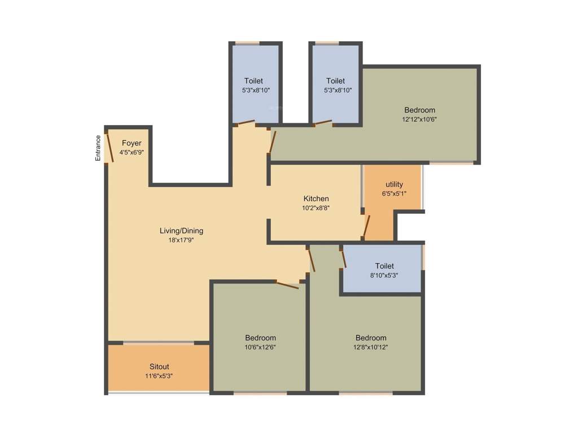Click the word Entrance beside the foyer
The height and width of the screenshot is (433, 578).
98,148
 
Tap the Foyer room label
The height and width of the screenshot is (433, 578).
132,143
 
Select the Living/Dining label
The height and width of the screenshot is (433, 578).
181,231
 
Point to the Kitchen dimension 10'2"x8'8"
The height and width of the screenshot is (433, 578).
316,207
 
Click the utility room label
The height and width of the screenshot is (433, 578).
394,184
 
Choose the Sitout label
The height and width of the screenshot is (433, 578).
159,366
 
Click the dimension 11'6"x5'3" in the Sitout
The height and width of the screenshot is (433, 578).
159,375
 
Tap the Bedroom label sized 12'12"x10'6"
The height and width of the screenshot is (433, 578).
419,110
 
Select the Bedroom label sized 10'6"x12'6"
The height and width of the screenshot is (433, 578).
260,338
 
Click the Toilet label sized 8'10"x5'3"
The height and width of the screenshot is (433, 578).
384,266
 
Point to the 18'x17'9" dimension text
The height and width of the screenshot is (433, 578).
181,240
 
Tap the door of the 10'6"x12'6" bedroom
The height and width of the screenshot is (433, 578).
287,285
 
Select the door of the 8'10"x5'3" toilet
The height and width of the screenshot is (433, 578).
343,257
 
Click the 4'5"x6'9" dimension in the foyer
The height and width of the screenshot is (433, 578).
132,152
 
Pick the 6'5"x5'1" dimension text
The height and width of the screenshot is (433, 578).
394,193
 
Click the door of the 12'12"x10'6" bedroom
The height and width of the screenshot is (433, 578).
272,142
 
